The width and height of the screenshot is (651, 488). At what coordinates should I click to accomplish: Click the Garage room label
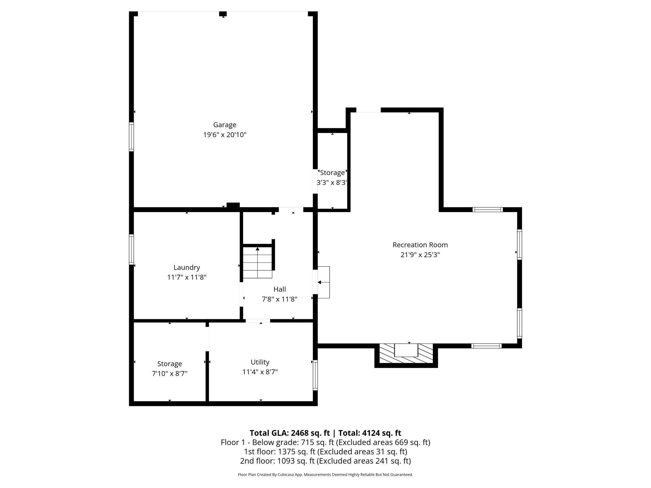pos(225,125)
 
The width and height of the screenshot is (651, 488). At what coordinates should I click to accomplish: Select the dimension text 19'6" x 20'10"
pos(225,135)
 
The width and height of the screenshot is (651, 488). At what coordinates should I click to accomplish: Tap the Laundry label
pos(187,267)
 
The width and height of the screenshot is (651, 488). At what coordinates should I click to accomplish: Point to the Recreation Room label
pos(420,245)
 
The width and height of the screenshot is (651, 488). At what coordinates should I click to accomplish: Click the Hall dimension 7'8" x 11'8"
pos(279,299)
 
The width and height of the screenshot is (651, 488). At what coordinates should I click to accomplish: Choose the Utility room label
pos(260,362)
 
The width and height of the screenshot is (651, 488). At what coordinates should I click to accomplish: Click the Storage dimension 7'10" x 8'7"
pos(170,374)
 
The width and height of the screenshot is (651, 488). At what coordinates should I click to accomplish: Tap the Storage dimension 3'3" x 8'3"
pos(332,182)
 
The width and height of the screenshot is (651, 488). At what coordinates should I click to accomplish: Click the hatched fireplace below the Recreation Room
pos(406,354)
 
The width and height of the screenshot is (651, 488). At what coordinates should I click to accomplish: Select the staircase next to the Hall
pos(258,262)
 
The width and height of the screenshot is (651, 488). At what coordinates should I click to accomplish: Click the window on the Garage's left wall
pos(131,137)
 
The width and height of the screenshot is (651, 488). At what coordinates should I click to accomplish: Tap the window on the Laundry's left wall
pos(131,249)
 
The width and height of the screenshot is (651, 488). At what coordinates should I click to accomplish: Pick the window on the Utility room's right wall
pos(315,375)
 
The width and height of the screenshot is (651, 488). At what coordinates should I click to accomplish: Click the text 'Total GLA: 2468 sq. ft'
pos(290,433)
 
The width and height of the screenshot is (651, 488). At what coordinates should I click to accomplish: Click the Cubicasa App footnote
pos(325,475)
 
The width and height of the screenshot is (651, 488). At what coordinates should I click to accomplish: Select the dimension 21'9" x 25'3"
pos(420,255)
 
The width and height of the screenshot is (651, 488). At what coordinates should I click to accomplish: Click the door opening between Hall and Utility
pos(258,321)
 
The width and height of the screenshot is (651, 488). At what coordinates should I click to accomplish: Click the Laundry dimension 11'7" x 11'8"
pos(187,277)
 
